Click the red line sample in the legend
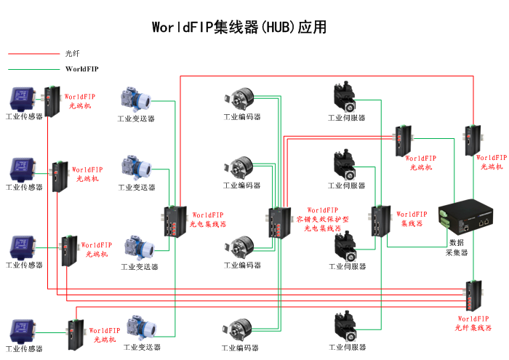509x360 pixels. (x=32, y=53)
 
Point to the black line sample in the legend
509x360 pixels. (x=32, y=69)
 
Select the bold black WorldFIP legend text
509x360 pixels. (x=81, y=69)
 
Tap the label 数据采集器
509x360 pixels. (x=457, y=247)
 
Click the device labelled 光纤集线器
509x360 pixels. (x=473, y=295)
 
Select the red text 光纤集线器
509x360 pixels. (x=473, y=328)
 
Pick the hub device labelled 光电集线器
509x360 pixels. (x=175, y=223)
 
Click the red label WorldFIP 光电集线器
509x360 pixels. (x=208, y=220)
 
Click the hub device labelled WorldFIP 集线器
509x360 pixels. (x=381, y=221)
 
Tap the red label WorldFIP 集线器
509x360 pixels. (x=413, y=219)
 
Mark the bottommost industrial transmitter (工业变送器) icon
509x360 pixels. (x=138, y=329)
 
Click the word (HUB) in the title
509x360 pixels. (x=279, y=28)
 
